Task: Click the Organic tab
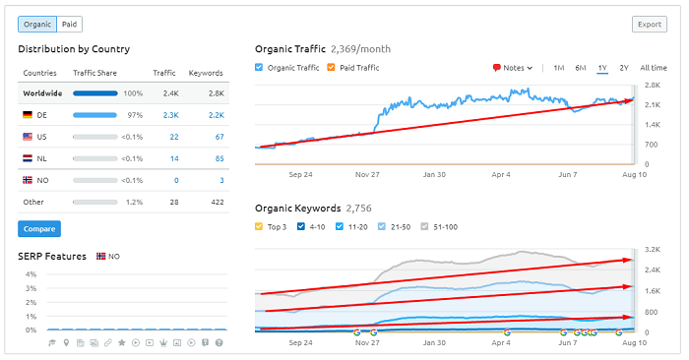click(36, 25)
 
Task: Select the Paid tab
click(70, 25)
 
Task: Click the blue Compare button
click(38, 229)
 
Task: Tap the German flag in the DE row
click(28, 115)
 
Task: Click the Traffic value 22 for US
click(173, 137)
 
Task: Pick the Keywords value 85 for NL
click(219, 157)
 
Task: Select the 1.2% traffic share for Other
click(131, 202)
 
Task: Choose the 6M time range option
click(581, 68)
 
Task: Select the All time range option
click(653, 68)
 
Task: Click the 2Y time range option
click(624, 68)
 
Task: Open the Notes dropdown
click(513, 68)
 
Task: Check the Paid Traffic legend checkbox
click(332, 68)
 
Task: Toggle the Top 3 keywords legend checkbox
click(260, 226)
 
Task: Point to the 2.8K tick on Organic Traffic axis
click(652, 86)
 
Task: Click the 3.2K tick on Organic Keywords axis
click(652, 250)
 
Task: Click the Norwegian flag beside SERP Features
click(101, 256)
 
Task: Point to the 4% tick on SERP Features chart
click(30, 274)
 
